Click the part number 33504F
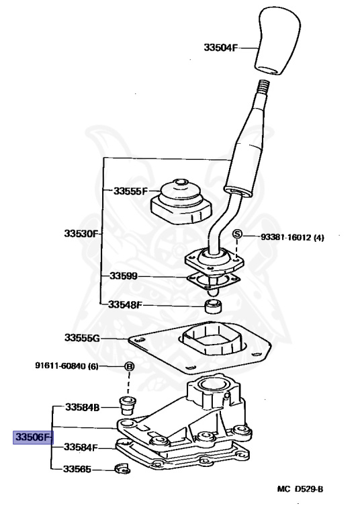[220, 48]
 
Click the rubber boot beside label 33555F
[181, 202]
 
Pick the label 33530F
[81, 234]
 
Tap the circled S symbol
[237, 234]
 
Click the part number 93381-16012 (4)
[292, 237]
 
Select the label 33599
[124, 275]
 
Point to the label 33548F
[126, 305]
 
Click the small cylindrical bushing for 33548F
[213, 306]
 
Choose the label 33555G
[82, 338]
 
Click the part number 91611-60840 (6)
[66, 366]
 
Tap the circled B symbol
[130, 366]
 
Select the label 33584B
[82, 407]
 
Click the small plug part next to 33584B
[128, 406]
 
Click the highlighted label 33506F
[33, 437]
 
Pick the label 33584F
[81, 447]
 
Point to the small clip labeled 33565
[122, 469]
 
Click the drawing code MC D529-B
[300, 489]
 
